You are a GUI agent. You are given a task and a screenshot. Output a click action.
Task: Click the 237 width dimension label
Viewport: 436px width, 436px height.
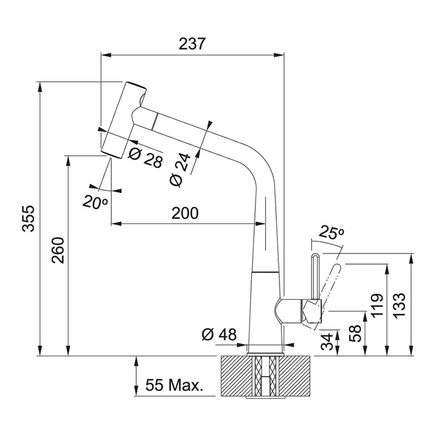click(x=192, y=44)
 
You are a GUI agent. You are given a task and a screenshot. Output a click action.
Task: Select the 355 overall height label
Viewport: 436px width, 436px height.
click(x=28, y=218)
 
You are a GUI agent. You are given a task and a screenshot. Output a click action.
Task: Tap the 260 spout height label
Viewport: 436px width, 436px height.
click(x=58, y=250)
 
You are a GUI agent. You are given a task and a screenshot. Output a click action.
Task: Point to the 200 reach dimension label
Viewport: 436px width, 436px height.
click(x=184, y=213)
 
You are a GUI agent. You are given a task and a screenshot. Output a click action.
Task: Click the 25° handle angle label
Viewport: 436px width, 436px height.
click(x=331, y=232)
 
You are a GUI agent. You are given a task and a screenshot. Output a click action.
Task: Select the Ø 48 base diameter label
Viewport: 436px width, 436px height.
click(x=219, y=335)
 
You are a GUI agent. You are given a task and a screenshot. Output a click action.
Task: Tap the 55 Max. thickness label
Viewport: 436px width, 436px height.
click(x=174, y=385)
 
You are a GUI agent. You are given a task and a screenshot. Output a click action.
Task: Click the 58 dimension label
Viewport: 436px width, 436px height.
click(x=356, y=334)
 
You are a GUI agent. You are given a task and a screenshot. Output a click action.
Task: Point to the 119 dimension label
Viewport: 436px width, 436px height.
click(x=377, y=305)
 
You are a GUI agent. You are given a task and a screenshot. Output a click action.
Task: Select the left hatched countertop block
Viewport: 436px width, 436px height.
click(x=235, y=376)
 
